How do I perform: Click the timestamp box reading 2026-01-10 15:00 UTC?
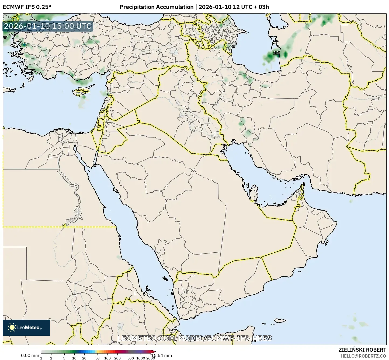[x=48, y=26]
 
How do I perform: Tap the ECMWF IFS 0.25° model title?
[x=27, y=7]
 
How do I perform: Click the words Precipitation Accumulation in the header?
[x=156, y=7]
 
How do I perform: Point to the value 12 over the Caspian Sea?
[x=276, y=53]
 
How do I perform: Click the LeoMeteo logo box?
[x=26, y=327]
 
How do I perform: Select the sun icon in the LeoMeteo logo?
[x=12, y=327]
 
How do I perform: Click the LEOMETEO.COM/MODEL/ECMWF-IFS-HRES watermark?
[x=194, y=338]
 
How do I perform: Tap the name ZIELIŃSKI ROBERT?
[x=362, y=350]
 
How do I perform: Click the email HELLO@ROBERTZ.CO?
[x=363, y=356]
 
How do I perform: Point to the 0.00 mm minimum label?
[x=30, y=356]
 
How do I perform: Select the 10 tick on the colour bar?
[x=74, y=358]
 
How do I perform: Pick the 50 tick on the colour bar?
[x=97, y=358]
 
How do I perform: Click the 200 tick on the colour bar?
[x=117, y=358]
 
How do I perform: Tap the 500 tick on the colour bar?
[x=131, y=358]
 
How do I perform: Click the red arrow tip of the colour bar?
[x=154, y=352]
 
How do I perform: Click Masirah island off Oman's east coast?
[x=327, y=243]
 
